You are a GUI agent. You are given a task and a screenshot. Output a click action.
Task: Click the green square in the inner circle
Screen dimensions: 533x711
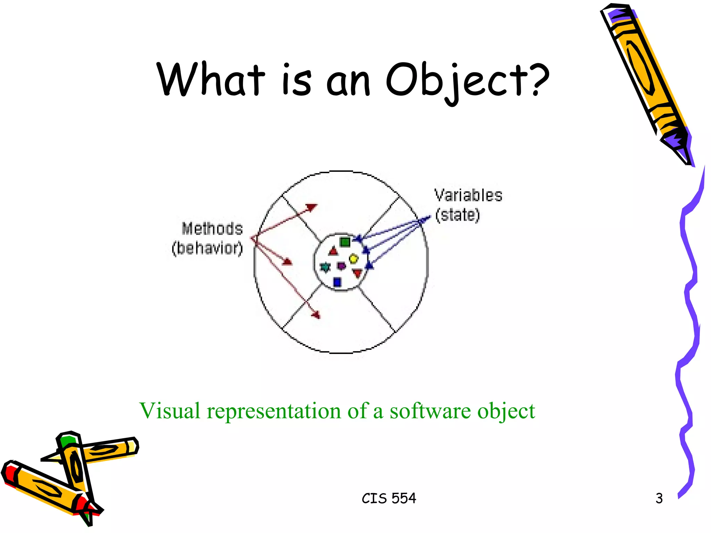click(345, 242)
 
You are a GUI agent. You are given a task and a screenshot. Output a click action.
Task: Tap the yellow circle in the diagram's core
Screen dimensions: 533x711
click(353, 259)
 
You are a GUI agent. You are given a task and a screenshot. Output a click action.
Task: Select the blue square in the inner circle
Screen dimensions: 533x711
click(337, 282)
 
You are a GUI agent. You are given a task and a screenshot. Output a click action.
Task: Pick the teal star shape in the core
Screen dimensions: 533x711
click(325, 267)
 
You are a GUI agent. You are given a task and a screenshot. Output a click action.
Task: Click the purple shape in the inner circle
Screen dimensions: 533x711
click(342, 266)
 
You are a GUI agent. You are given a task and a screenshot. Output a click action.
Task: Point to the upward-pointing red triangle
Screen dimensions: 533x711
click(333, 251)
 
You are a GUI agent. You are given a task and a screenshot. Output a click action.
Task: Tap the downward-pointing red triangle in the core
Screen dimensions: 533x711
click(357, 273)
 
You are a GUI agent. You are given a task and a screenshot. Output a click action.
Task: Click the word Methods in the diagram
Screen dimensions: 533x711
click(212, 229)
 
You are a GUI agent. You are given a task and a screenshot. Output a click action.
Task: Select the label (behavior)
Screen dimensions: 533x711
click(207, 248)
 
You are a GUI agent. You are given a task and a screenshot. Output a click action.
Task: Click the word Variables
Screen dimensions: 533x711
click(468, 195)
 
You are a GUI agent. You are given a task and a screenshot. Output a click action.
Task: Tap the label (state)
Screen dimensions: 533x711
click(458, 215)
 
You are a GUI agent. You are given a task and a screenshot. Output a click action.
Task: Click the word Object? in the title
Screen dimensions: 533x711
click(467, 81)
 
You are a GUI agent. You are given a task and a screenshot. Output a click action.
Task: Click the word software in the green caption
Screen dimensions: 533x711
click(430, 411)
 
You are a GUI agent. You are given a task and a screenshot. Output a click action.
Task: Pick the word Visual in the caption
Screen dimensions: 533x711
click(170, 411)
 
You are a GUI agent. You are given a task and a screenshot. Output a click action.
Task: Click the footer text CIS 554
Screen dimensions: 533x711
click(388, 498)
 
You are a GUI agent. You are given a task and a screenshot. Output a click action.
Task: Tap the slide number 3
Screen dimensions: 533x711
click(659, 498)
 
